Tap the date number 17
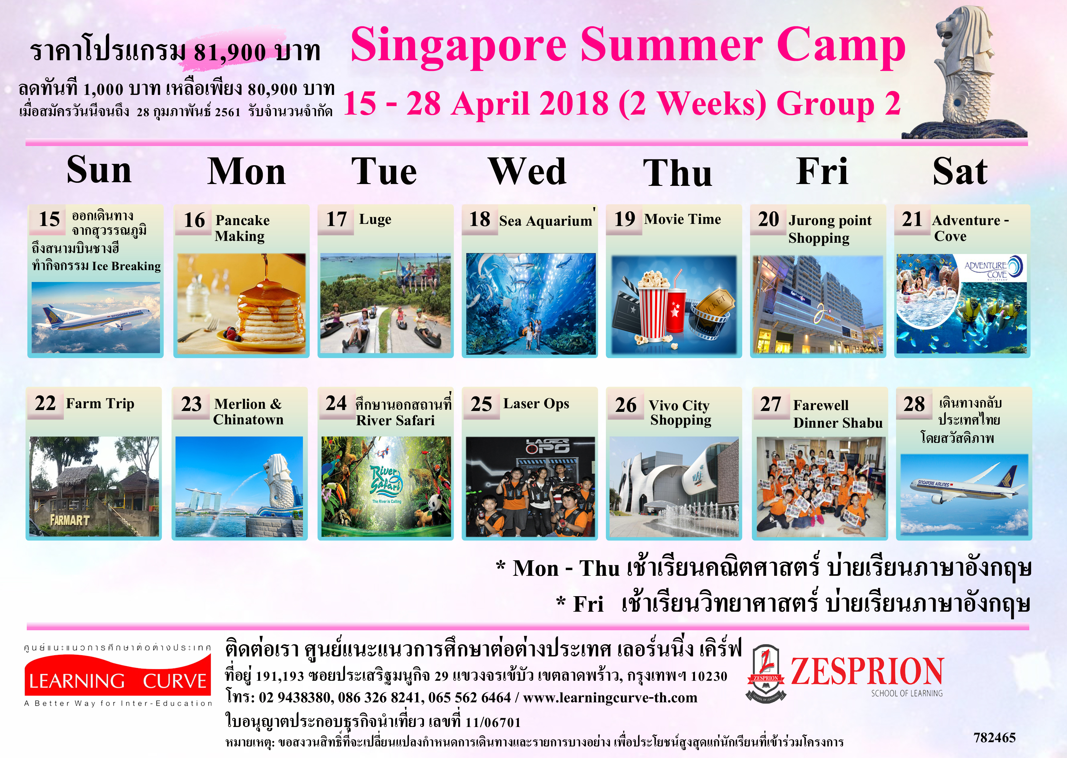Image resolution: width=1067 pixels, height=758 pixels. click(x=336, y=219)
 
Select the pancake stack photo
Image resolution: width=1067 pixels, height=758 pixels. click(x=241, y=303)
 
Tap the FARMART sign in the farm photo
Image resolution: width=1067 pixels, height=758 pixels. click(x=70, y=520)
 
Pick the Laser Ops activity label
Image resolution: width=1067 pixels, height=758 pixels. click(x=536, y=403)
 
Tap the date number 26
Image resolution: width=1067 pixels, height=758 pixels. click(x=625, y=405)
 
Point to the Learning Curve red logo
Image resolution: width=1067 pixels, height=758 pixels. click(x=118, y=675)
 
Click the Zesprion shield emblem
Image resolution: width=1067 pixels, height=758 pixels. click(x=766, y=673)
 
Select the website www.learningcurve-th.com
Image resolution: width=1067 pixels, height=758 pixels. click(x=610, y=698)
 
